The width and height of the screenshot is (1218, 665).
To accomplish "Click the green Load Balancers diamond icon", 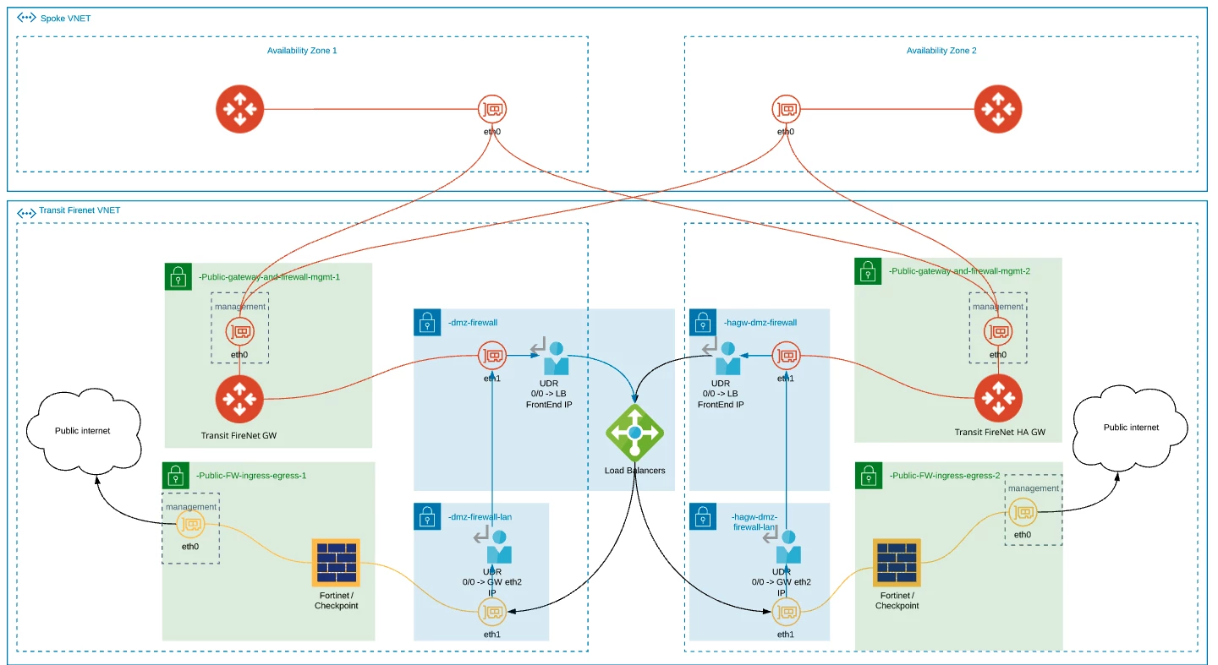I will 634,433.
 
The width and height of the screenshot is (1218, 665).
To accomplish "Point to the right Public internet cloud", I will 1131,428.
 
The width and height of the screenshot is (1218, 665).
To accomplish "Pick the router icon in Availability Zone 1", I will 239,109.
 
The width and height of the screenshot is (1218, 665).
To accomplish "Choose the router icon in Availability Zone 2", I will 998,109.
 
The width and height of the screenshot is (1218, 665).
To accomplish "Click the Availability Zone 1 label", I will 302,51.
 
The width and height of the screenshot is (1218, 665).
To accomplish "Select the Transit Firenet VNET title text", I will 80,211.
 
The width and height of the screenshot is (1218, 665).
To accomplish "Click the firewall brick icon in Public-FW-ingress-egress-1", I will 336,562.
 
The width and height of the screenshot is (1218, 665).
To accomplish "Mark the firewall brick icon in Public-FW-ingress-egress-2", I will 897,562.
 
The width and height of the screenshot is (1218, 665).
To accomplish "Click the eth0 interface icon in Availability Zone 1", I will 492,109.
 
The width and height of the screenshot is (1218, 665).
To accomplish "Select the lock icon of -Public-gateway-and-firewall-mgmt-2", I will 868,272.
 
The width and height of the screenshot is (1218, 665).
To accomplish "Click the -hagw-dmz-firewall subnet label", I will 760,323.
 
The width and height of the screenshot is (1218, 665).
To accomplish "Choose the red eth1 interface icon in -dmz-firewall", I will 491,356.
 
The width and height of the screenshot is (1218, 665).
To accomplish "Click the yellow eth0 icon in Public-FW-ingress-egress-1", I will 190,525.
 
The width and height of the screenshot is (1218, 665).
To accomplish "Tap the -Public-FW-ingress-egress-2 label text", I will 944,476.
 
